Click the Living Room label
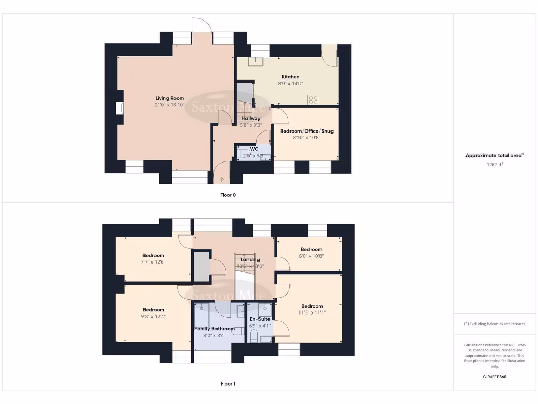pos(169,98)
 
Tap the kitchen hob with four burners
pos(315,99)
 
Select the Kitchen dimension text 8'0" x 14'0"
pos(291,83)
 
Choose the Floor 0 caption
pos(228,195)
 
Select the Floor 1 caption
pos(228,384)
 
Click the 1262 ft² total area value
pos(494,164)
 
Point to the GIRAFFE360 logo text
pos(494,377)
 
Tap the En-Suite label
pos(260,319)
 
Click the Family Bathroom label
pos(214,328)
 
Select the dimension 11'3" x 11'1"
pos(312,312)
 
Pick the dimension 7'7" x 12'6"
pos(153,262)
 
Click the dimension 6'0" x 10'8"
pos(312,256)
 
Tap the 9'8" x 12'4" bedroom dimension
pos(153,316)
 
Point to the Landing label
pos(250,259)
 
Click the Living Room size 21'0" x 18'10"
pos(169,105)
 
